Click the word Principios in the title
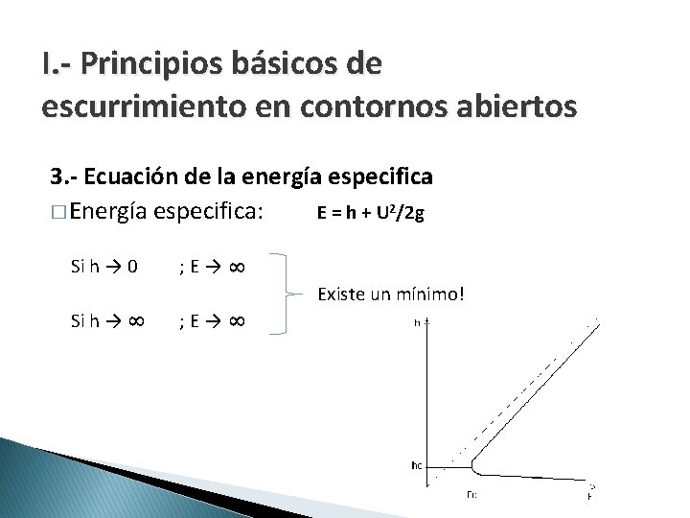pos(154,64)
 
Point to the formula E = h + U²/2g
pos(370,214)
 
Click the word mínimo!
pos(429,292)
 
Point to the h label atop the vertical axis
pos(418,323)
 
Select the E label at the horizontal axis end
pos(589,496)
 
